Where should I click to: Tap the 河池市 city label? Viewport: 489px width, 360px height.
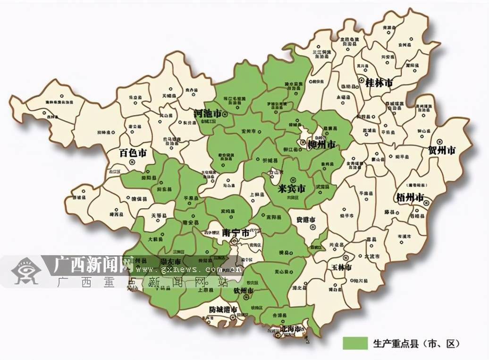pyautogui.click(x=208, y=114)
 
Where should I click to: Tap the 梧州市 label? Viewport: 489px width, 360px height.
pyautogui.click(x=410, y=197)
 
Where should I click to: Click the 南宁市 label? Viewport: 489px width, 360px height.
pyautogui.click(x=235, y=233)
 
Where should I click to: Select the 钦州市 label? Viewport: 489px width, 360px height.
pyautogui.click(x=244, y=291)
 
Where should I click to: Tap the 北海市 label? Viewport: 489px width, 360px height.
pyautogui.click(x=291, y=328)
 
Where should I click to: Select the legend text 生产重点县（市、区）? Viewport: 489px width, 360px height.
pyautogui.click(x=416, y=343)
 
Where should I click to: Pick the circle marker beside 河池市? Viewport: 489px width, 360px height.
pyautogui.click(x=226, y=114)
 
